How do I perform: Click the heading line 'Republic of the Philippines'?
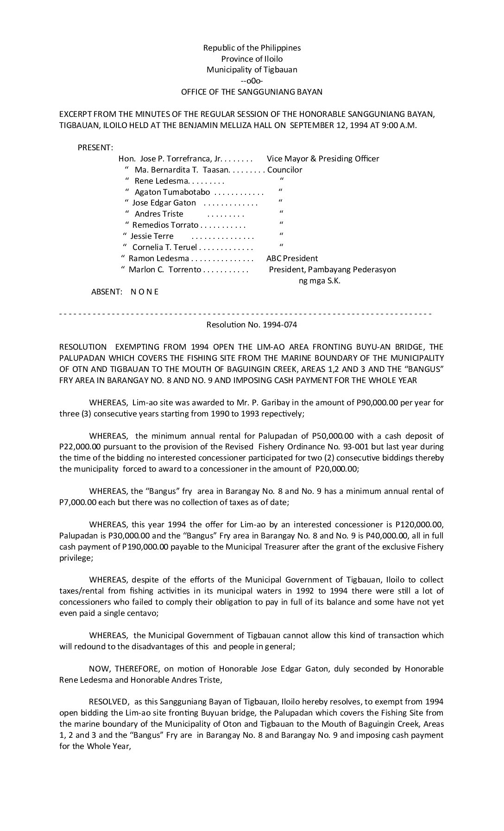point(252,48)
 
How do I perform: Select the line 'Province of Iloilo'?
point(252,59)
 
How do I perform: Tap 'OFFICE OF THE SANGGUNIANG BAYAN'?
point(252,92)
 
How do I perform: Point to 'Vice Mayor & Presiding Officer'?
point(323,159)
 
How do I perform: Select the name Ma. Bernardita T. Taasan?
point(179,170)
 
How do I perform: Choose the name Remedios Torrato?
point(165,225)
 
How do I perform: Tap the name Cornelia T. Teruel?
point(165,247)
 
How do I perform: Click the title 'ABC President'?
point(292,258)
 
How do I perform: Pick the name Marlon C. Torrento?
point(165,269)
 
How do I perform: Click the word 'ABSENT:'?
point(107,292)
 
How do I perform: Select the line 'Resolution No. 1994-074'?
point(252,325)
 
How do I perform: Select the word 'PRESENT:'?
point(95,148)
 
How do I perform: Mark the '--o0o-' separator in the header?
point(252,81)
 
